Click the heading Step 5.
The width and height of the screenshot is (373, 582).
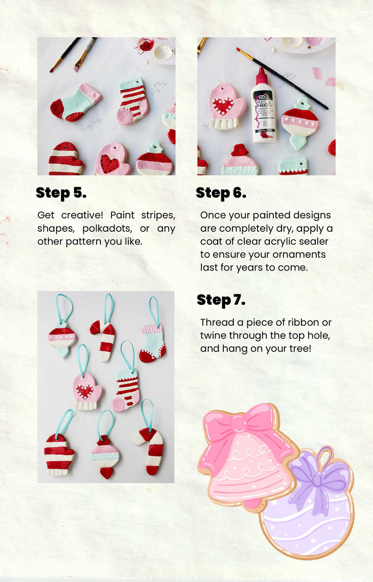coord(61,193)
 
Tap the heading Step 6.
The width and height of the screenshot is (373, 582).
coord(221,193)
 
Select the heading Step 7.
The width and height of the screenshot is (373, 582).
coord(221,300)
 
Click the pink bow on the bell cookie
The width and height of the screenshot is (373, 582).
coord(248,427)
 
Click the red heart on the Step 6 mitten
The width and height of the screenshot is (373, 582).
coord(223,105)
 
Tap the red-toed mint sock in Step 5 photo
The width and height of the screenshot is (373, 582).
coord(76,103)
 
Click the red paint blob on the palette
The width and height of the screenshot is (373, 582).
coord(146,45)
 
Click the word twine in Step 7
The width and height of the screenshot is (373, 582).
coord(213,335)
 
